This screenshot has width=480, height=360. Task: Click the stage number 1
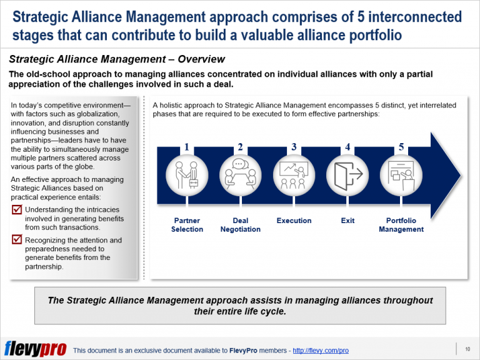pyautogui.click(x=187, y=147)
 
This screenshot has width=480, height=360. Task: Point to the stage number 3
pyautogui.click(x=294, y=147)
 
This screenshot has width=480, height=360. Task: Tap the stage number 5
pyautogui.click(x=401, y=147)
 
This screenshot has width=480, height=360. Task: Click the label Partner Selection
pyautogui.click(x=187, y=225)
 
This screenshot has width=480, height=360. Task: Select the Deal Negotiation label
pyautogui.click(x=241, y=225)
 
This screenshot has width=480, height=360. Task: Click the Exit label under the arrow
pyautogui.click(x=347, y=221)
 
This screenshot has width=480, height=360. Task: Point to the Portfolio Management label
pyautogui.click(x=401, y=225)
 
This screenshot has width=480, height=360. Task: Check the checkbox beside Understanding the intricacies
pyautogui.click(x=17, y=210)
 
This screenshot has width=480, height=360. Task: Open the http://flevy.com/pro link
pyautogui.click(x=321, y=351)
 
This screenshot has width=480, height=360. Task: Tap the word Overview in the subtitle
pyautogui.click(x=201, y=60)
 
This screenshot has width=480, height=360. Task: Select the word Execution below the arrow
pyautogui.click(x=294, y=221)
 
